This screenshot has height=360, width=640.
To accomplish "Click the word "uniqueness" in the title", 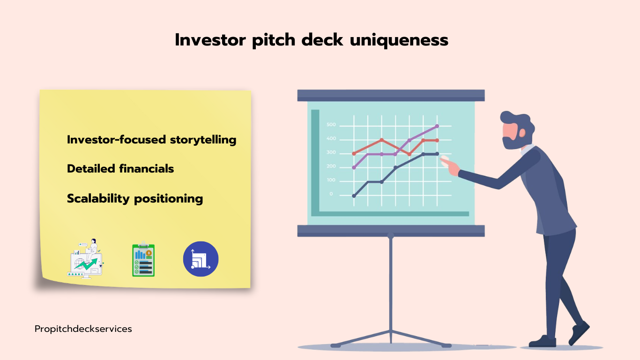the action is click(x=399, y=40).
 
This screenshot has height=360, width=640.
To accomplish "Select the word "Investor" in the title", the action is click(x=210, y=40).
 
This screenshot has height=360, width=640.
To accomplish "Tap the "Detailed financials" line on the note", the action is click(x=120, y=169).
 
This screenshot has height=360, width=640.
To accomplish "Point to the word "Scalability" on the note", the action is click(x=98, y=199).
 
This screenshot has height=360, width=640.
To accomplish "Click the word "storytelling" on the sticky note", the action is click(x=203, y=140).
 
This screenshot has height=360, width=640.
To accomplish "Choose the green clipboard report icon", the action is click(x=143, y=259).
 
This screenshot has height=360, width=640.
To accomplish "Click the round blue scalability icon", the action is click(x=201, y=259).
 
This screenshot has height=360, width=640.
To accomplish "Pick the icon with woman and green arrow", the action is click(x=86, y=258).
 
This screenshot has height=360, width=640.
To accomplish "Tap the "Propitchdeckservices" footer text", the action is click(x=83, y=329).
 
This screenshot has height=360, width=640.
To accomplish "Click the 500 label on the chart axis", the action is click(x=331, y=125).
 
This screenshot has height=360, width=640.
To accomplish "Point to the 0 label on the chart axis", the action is click(x=331, y=194).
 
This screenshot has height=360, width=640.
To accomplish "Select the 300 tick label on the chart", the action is click(x=331, y=152).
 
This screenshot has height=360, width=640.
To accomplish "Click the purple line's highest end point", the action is click(x=437, y=126).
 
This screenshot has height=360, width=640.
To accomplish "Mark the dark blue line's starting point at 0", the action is click(x=354, y=196).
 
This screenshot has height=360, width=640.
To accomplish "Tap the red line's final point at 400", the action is click(x=437, y=141).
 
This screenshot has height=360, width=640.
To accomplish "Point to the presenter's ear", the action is click(x=522, y=133).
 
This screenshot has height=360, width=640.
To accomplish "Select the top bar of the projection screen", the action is click(x=391, y=95).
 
